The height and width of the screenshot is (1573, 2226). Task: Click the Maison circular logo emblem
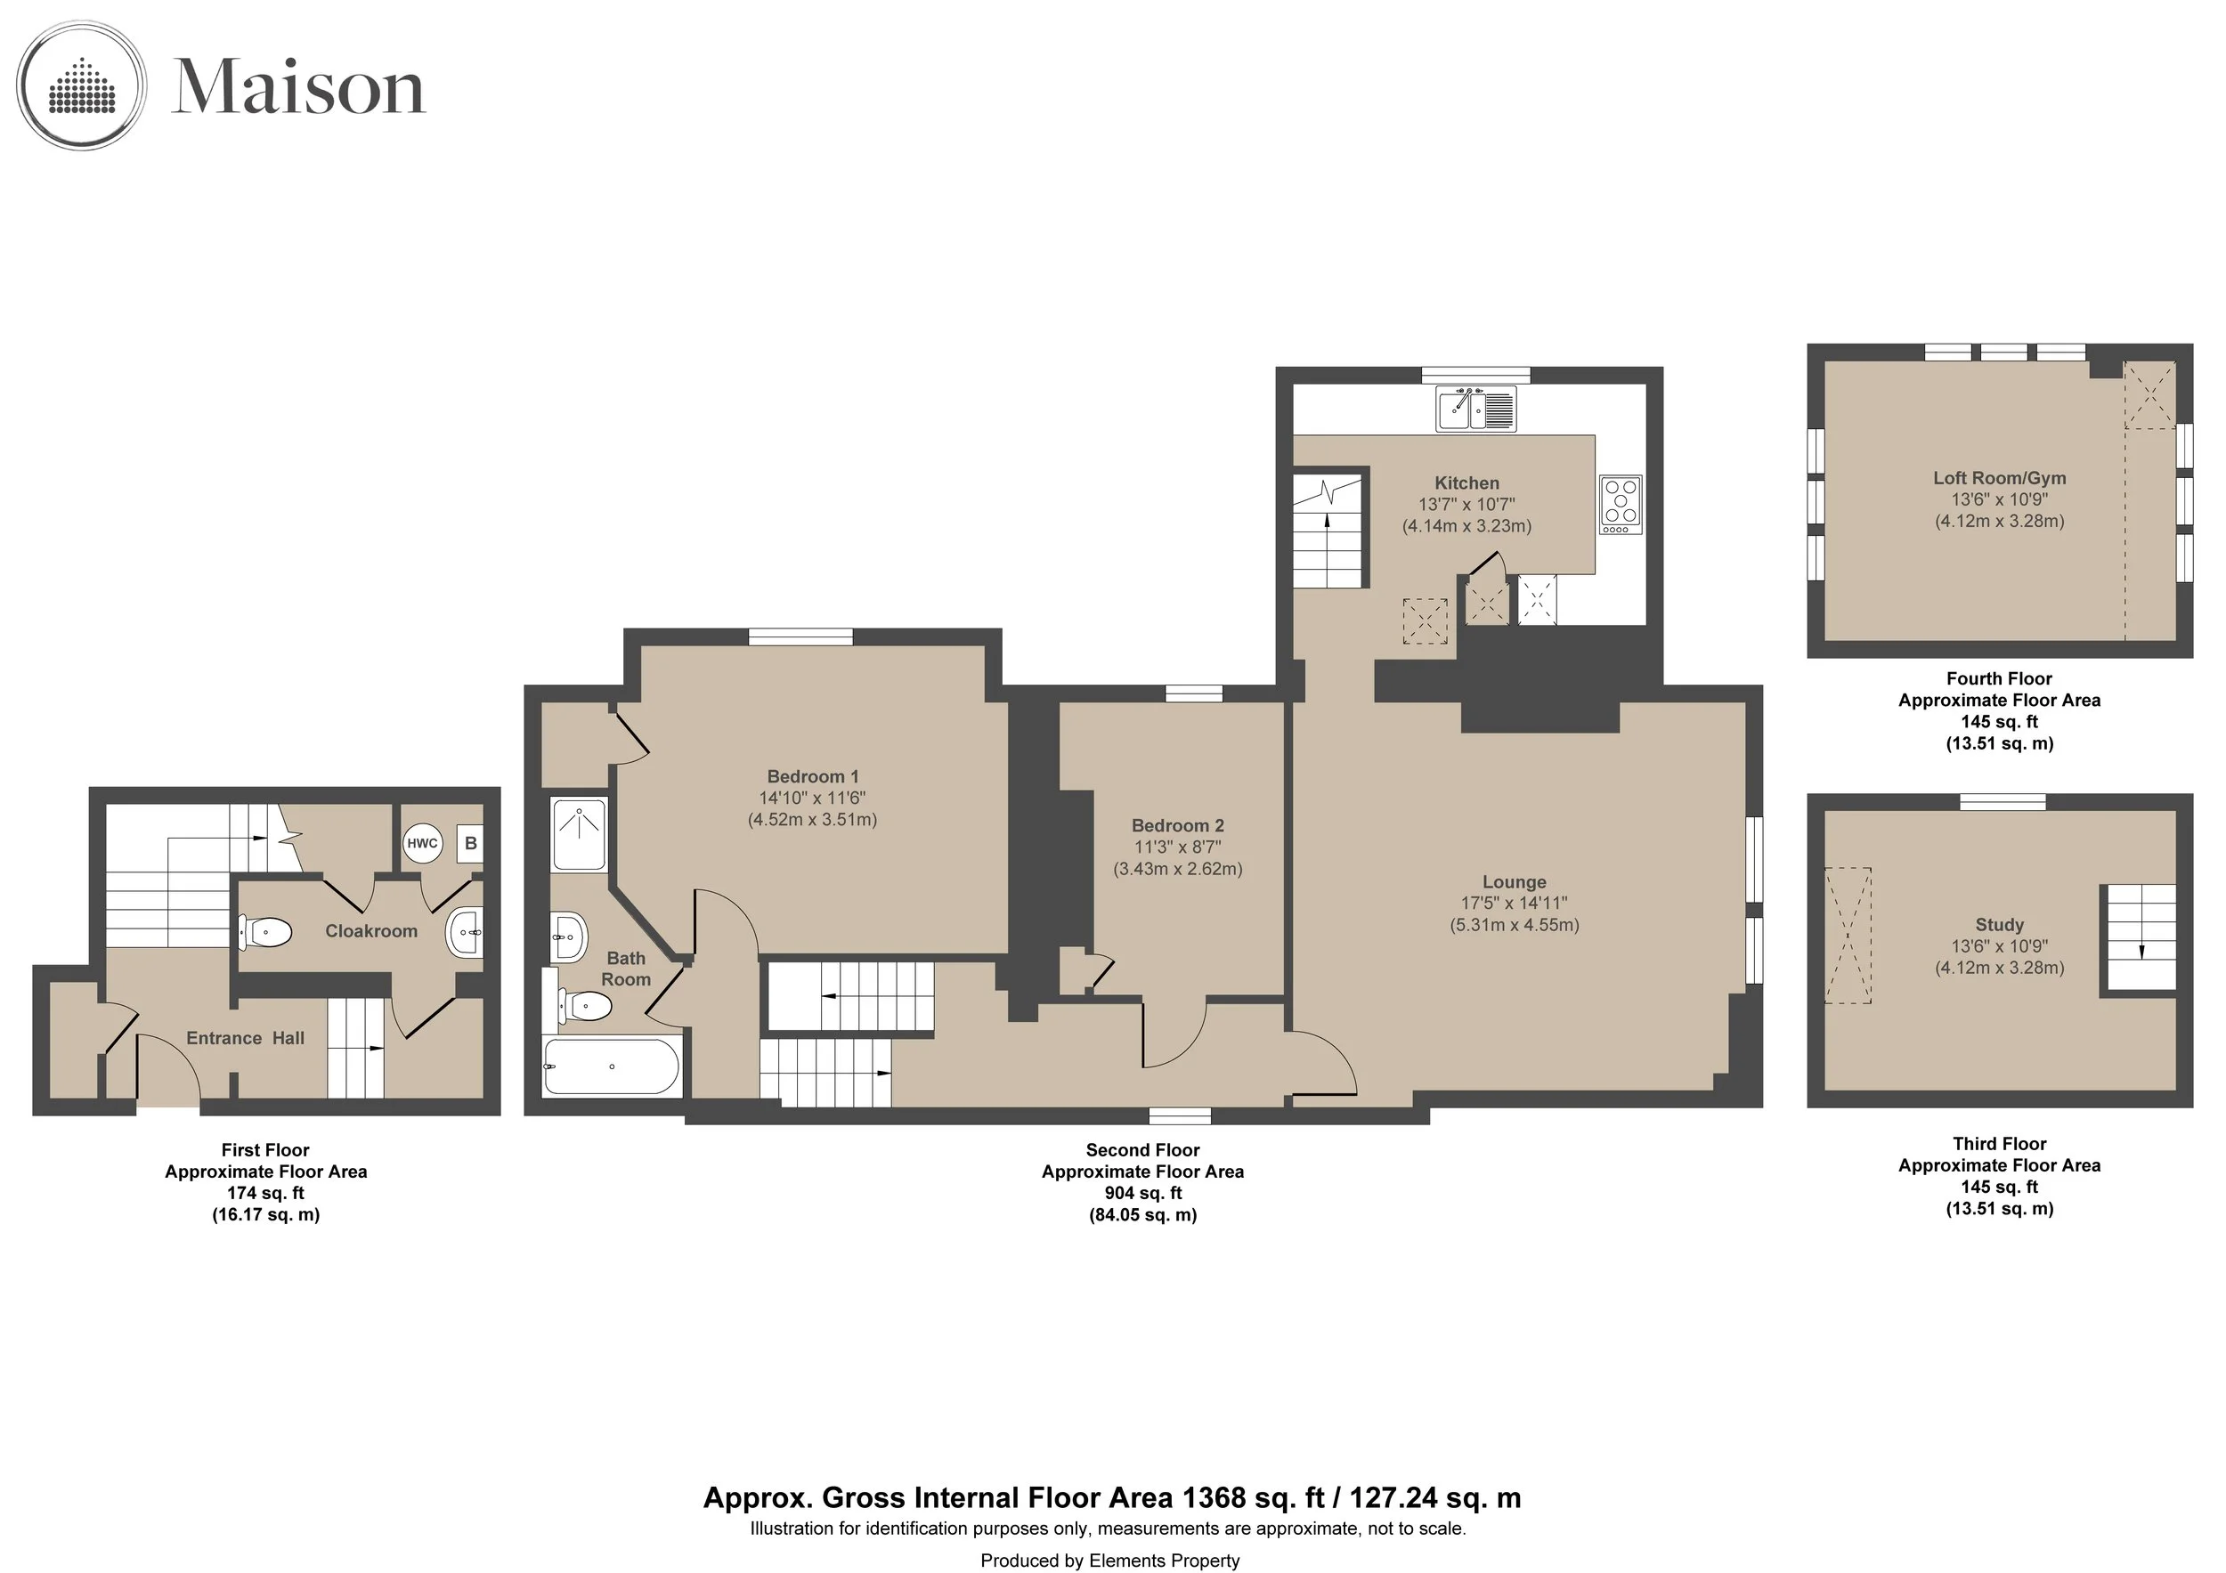pyautogui.click(x=83, y=85)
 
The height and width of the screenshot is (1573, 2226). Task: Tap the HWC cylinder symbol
pyautogui.click(x=423, y=843)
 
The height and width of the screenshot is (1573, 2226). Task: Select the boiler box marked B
pyautogui.click(x=470, y=843)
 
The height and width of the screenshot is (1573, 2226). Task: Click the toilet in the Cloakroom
pyautogui.click(x=264, y=932)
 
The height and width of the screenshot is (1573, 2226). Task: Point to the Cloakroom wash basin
pyautogui.click(x=466, y=932)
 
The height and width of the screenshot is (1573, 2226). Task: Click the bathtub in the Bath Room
pyautogui.click(x=612, y=1067)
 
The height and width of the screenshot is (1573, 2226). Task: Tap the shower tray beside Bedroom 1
pyautogui.click(x=580, y=833)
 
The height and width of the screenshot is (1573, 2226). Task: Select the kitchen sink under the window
pyautogui.click(x=1475, y=408)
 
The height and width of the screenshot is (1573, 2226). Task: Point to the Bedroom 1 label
pyautogui.click(x=812, y=776)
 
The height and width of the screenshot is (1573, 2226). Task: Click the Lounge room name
pyautogui.click(x=1515, y=882)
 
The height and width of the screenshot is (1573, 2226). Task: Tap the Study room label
pyautogui.click(x=1999, y=925)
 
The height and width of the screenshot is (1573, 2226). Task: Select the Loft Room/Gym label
pyautogui.click(x=1999, y=478)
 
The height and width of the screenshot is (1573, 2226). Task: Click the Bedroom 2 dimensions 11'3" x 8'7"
pyautogui.click(x=1178, y=847)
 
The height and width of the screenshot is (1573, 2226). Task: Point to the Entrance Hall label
pyautogui.click(x=245, y=1038)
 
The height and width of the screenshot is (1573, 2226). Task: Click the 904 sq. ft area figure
pyautogui.click(x=1143, y=1193)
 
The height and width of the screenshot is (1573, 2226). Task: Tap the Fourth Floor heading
pyautogui.click(x=1999, y=678)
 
